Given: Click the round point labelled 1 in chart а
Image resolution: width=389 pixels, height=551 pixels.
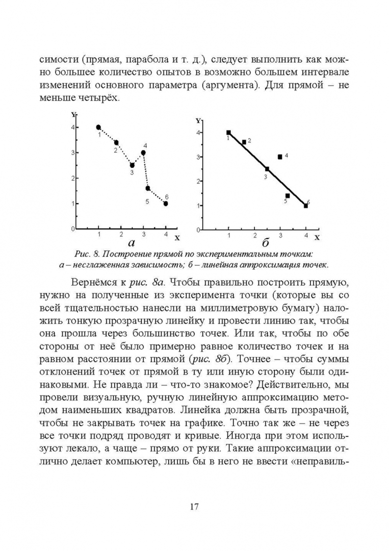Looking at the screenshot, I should tap(98, 127).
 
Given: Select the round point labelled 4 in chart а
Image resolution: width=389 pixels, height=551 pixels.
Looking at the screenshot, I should tap(143, 153).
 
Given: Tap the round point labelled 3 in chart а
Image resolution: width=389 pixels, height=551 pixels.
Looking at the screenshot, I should tap(132, 165).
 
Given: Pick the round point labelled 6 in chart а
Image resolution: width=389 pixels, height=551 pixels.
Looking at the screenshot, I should tap(166, 204).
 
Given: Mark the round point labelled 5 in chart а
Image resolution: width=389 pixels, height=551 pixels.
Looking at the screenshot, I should tap(148, 188).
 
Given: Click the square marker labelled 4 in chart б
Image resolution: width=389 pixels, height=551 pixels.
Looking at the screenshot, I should tap(280, 157).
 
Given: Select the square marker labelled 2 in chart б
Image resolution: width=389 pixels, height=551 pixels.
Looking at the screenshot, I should tap(244, 142).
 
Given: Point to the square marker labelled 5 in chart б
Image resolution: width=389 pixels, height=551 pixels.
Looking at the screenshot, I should tap(288, 195).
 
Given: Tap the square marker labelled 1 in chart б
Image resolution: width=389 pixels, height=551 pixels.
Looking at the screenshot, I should tap(228, 133).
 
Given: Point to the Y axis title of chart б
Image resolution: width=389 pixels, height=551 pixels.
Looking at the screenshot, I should tap(197, 121).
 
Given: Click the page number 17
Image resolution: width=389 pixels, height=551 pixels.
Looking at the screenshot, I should tap(194, 507).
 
